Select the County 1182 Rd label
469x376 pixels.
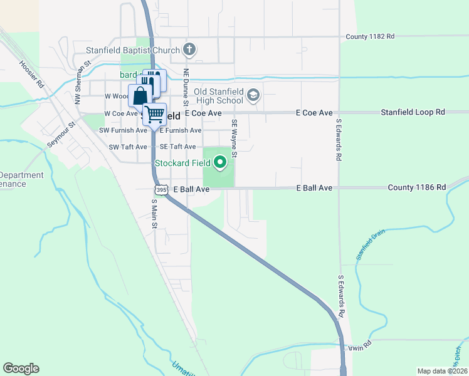pyautogui.click(x=370, y=37)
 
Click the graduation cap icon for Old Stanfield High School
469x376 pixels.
pyautogui.click(x=253, y=95)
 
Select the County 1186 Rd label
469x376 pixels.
pyautogui.click(x=416, y=187)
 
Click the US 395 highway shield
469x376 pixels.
pyautogui.click(x=161, y=189)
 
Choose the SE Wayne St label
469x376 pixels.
pyautogui.click(x=234, y=138)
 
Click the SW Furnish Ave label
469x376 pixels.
pyautogui.click(x=123, y=130)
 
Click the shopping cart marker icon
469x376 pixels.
pyautogui.click(x=154, y=115)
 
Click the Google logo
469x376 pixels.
pyautogui.click(x=21, y=368)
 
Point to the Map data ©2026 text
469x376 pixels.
pyautogui.click(x=442, y=371)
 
